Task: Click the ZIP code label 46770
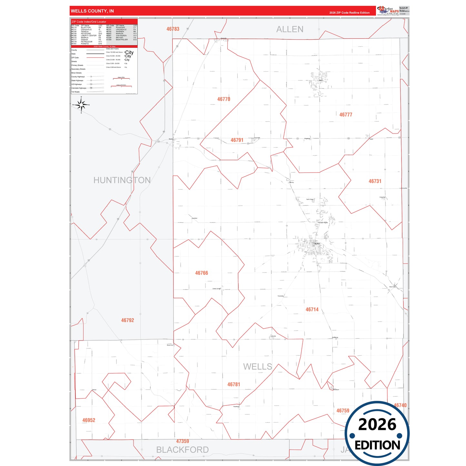(223, 99)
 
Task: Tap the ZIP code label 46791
(237, 140)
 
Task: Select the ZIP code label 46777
(346, 114)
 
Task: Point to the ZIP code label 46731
(375, 181)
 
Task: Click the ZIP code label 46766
(202, 273)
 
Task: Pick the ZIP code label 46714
(312, 310)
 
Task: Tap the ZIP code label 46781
(233, 384)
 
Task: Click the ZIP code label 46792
(127, 320)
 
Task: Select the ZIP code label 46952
(89, 420)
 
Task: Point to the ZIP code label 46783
(173, 29)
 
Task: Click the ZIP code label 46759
(343, 411)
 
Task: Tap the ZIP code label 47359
(183, 441)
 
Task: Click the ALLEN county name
(290, 29)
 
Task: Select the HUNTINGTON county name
(122, 180)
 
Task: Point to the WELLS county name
(257, 367)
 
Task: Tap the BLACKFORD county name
(182, 450)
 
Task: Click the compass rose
(81, 105)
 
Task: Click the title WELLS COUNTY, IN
(92, 11)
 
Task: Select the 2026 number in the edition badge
(377, 424)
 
